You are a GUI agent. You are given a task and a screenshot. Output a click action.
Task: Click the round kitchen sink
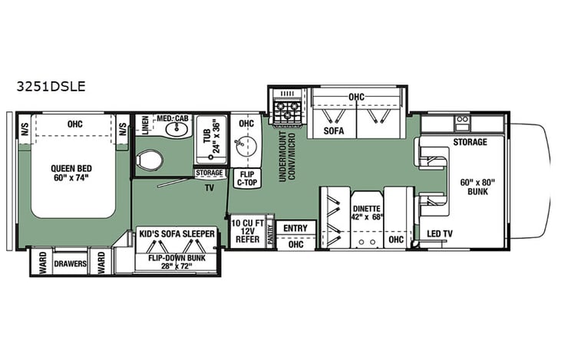tap(246, 144)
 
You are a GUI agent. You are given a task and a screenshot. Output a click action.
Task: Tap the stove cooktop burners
tap(287, 107)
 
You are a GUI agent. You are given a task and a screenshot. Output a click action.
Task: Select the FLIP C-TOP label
tap(246, 179)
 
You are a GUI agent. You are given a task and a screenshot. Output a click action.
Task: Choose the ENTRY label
tap(295, 229)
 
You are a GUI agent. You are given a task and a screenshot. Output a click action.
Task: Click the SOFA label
tap(333, 131)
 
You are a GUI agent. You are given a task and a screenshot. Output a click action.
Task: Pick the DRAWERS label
tap(70, 263)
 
